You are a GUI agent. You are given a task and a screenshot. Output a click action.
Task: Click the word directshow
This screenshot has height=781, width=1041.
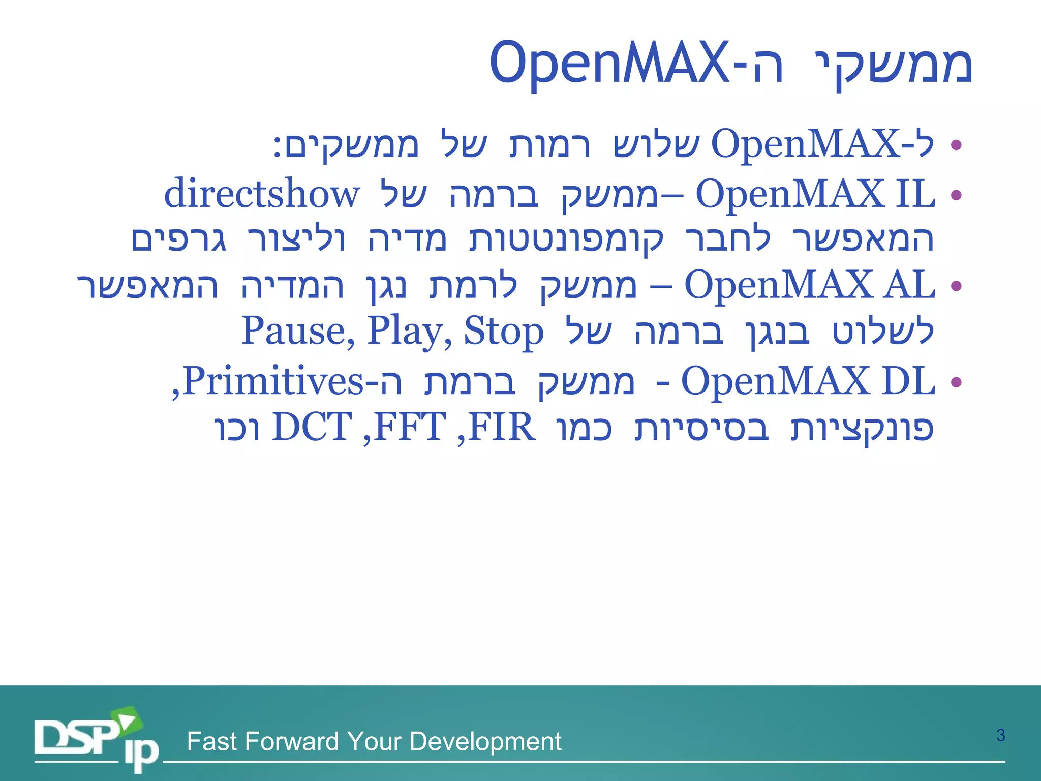[262, 194]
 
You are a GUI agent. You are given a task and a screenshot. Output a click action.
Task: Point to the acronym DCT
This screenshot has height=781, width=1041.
[312, 427]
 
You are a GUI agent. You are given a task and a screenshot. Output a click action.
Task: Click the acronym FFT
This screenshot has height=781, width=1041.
[410, 427]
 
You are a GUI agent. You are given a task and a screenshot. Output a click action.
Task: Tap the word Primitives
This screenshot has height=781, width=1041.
[272, 380]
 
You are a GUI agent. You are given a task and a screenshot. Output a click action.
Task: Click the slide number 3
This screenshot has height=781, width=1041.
[1000, 735]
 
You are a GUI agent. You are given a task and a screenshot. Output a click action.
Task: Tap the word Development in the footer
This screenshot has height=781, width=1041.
[485, 741]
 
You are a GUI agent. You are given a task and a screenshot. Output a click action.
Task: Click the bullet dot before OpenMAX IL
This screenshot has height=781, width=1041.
[956, 195]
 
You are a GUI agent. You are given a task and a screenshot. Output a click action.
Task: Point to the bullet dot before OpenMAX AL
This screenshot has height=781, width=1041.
[956, 286]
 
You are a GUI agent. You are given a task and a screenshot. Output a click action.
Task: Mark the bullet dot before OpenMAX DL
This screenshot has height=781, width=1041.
[956, 381]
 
